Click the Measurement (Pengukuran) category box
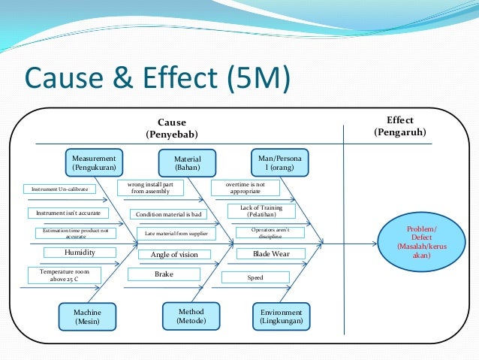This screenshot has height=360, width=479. point(94,163)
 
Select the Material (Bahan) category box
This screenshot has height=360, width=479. point(187,163)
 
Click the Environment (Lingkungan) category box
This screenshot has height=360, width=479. point(282,316)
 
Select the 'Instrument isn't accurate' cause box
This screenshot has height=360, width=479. point(68,213)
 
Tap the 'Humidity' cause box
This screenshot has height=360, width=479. point(80,253)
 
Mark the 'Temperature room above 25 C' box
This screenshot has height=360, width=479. point(65,275)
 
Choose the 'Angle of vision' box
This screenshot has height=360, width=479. point(174,255)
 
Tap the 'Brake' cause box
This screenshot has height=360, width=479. point(164,274)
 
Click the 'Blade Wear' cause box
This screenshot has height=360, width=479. point(258,254)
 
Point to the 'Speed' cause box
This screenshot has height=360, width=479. point(255,278)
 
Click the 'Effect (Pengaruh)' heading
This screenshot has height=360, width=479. point(399,126)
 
